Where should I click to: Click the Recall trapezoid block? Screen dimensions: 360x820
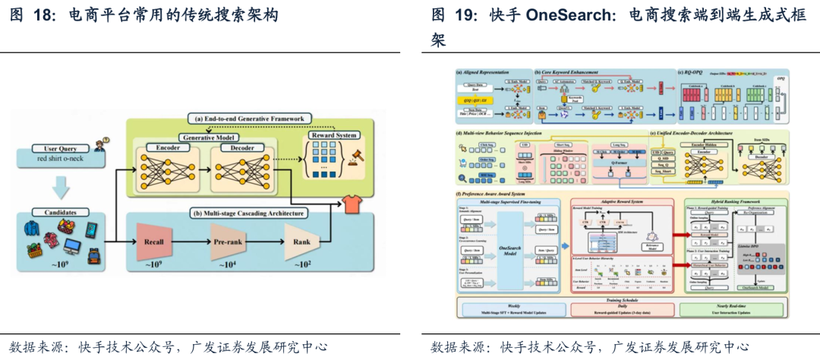click(154, 242)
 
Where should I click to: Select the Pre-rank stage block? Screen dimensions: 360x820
click(227, 242)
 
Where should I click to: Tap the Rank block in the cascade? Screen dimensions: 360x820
click(302, 242)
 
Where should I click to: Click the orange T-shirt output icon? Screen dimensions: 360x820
click(352, 204)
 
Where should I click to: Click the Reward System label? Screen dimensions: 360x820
click(334, 135)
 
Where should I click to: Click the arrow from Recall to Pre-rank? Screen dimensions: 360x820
click(190, 242)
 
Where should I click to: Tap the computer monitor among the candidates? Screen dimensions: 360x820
click(73, 246)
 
